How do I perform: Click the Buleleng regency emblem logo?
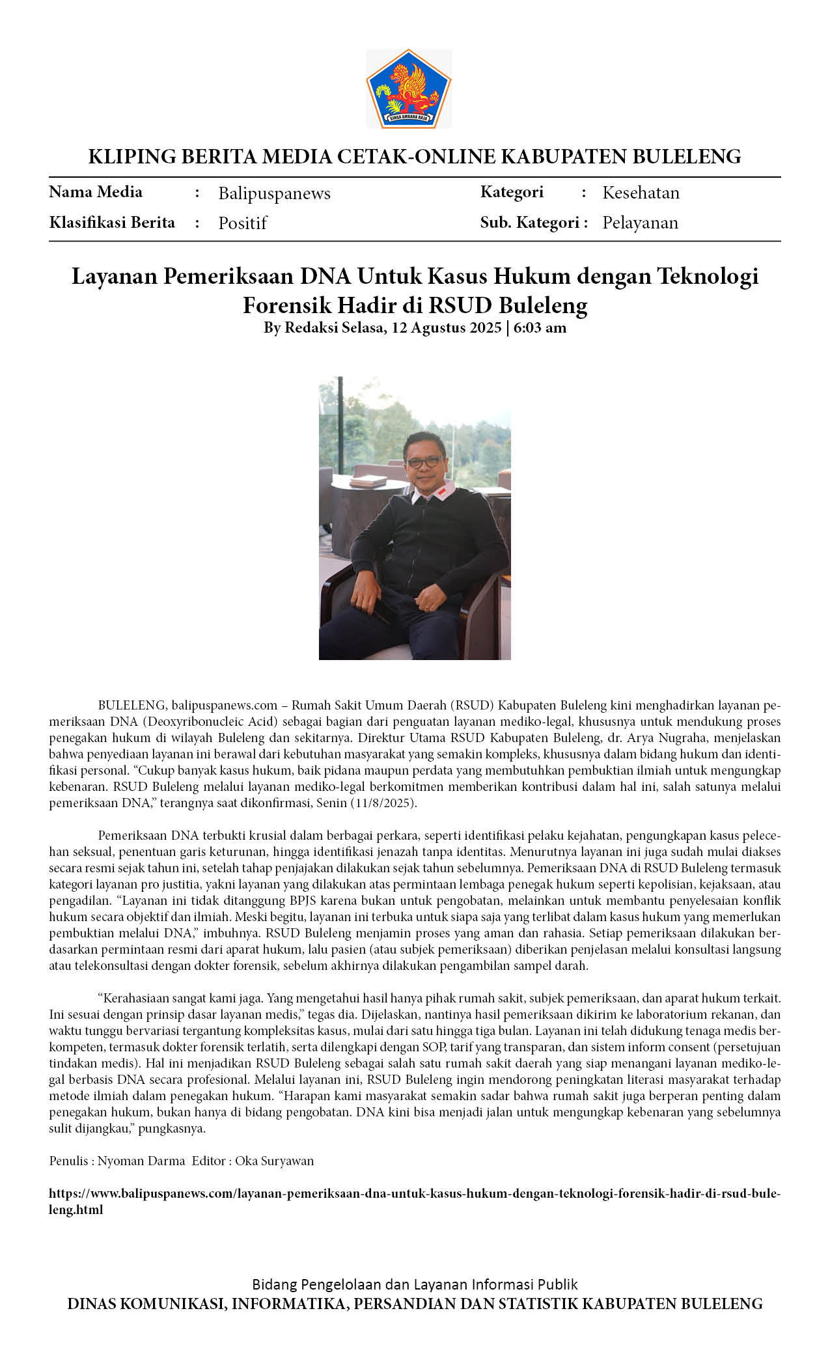coord(408,89)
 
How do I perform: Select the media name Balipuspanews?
coord(274,193)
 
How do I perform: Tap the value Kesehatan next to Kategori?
coord(641,193)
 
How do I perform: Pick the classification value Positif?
coord(242,223)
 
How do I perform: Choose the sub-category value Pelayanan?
coord(640,223)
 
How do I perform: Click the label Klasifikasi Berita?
coord(112,223)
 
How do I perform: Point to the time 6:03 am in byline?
coord(540,327)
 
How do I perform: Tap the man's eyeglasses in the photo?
coord(423,462)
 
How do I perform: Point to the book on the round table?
coord(368,481)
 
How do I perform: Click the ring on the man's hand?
coord(426,606)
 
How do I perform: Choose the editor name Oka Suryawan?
coord(274,1161)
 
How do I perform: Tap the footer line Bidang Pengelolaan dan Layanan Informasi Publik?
coord(415,1284)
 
